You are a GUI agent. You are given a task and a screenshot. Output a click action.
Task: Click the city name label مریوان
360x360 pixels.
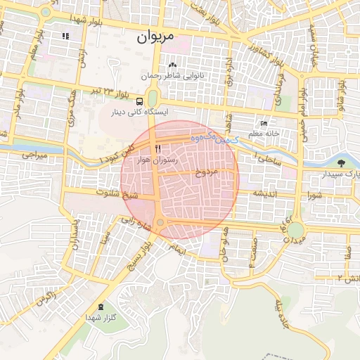click(155, 34)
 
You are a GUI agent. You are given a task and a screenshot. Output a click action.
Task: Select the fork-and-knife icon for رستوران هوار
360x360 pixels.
click(158, 148)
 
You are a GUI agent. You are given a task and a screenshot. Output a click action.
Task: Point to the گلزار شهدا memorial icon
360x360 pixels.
click(101, 307)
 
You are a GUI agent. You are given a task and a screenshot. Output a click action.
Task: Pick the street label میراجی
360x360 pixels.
click(32, 153)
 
